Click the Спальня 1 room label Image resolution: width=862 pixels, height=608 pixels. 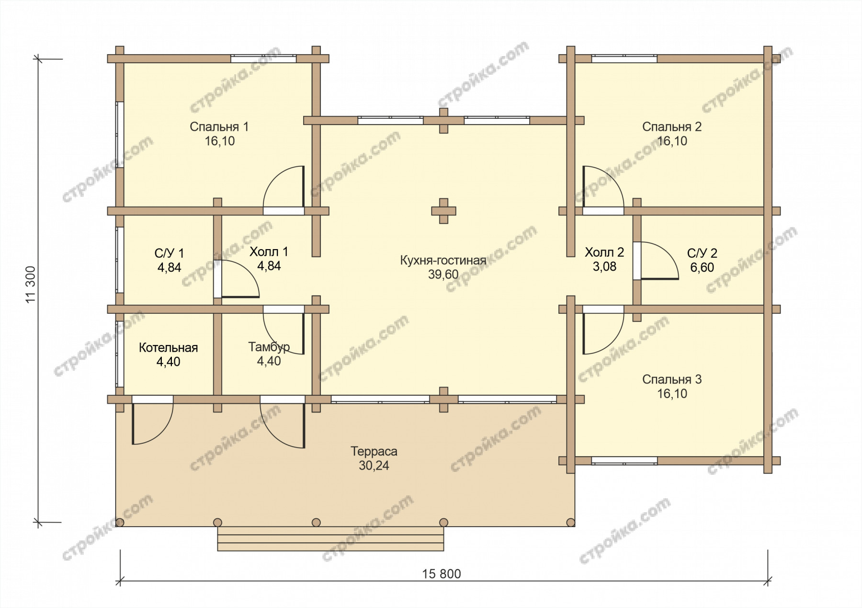[219, 127]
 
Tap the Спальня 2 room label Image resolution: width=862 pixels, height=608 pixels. [671, 127]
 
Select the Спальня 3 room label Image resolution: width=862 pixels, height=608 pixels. [671, 380]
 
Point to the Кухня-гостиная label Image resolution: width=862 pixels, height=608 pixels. [443, 261]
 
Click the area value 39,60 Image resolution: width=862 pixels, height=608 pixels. [443, 275]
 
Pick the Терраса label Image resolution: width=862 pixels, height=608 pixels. [374, 451]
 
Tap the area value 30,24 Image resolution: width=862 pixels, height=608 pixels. [374, 465]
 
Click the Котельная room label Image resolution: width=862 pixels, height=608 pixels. [168, 348]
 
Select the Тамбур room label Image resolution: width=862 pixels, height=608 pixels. [269, 347]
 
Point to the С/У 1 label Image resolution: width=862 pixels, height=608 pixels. [169, 253]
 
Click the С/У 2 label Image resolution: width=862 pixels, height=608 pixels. [702, 253]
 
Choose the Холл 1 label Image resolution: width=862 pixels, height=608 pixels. [269, 252]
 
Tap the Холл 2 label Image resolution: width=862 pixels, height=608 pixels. [604, 252]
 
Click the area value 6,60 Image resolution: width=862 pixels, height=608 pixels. [702, 267]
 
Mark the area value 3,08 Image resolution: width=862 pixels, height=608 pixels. [604, 266]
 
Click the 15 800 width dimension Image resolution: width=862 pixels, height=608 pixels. [442, 574]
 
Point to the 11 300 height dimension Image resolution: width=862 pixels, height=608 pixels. [32, 285]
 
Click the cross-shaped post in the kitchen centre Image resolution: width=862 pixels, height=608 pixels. [443, 211]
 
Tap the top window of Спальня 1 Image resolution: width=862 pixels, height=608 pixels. [263, 59]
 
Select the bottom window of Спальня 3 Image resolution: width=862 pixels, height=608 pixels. [624, 461]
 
